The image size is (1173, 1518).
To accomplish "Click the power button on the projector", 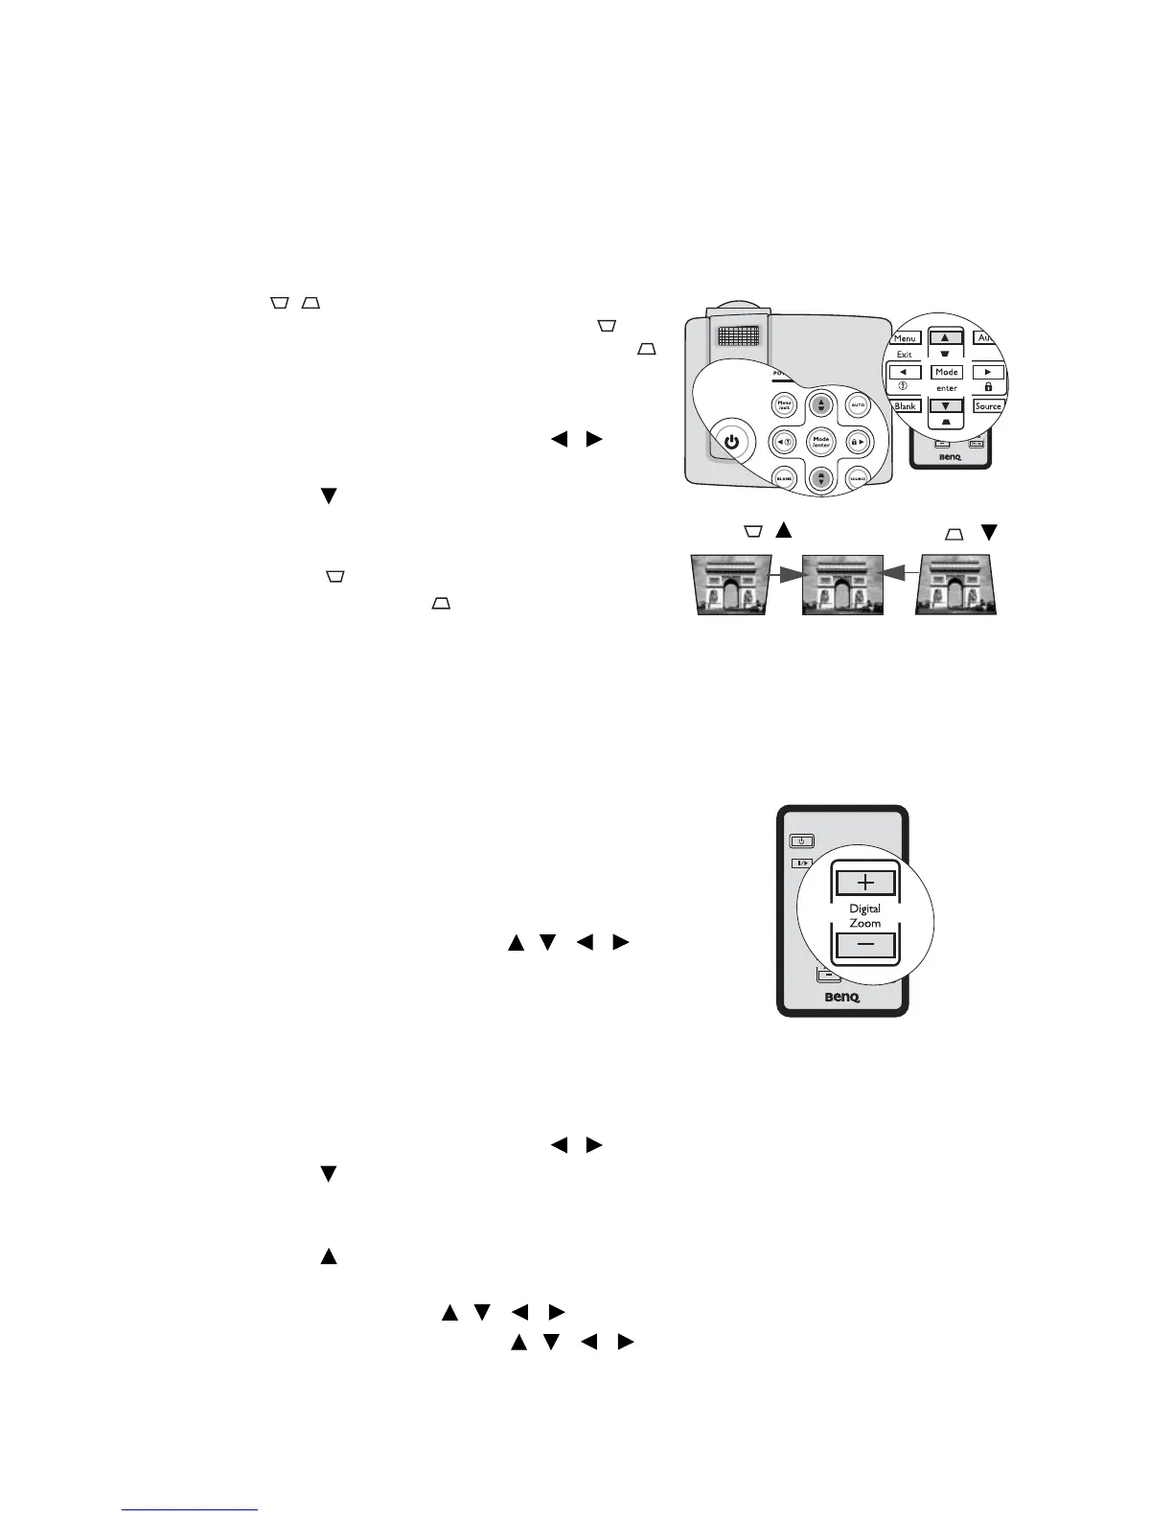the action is tap(732, 442).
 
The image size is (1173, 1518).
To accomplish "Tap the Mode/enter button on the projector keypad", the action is tap(821, 442).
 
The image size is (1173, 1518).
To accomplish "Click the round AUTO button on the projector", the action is tap(858, 405).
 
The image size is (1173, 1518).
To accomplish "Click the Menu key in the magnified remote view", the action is tap(905, 338).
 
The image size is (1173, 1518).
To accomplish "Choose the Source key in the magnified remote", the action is tap(988, 406).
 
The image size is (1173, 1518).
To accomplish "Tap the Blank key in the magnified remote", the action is tap(905, 406).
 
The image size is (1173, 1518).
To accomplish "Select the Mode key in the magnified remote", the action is tap(947, 372).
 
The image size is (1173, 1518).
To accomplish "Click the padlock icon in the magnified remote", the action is tap(988, 387).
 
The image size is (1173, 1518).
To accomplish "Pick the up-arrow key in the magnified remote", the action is tap(946, 338).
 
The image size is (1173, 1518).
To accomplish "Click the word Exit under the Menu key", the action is tap(904, 355).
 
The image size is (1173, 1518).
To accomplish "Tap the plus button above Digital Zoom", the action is tap(864, 882).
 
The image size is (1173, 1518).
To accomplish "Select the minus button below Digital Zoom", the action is tap(864, 946).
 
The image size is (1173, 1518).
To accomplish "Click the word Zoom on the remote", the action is tap(864, 923).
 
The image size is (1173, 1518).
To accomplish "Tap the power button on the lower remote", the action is tap(801, 841).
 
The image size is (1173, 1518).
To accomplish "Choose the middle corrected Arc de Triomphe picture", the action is tap(842, 584).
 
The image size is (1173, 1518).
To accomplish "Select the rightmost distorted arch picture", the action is tap(956, 584).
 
